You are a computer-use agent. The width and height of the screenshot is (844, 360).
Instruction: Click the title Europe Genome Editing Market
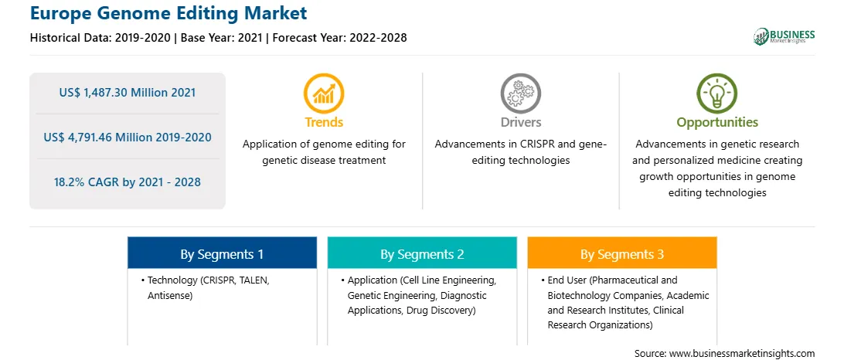[x=168, y=13]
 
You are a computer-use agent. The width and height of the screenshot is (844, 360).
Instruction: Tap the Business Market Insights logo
[x=784, y=36]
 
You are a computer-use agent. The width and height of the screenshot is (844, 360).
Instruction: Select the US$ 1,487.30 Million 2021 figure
[x=128, y=93]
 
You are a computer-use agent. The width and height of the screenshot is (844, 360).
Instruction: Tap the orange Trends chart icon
[x=324, y=93]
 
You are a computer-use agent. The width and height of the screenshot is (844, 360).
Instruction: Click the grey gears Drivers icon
[x=520, y=93]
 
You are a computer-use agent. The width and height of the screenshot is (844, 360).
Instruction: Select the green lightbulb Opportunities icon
[x=717, y=93]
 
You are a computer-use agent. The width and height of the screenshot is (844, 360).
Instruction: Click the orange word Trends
[x=324, y=122]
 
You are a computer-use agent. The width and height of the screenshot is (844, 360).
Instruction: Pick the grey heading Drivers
[x=520, y=122]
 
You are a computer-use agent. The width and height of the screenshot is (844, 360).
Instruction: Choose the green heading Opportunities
[x=717, y=123]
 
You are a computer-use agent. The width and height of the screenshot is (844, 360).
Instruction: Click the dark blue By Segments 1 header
[x=223, y=253]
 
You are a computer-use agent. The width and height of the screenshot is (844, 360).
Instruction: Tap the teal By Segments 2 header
[x=422, y=253]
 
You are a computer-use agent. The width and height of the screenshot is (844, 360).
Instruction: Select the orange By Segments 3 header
[x=622, y=253]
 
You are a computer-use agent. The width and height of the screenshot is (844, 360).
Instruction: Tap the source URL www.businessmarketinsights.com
[x=740, y=354]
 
